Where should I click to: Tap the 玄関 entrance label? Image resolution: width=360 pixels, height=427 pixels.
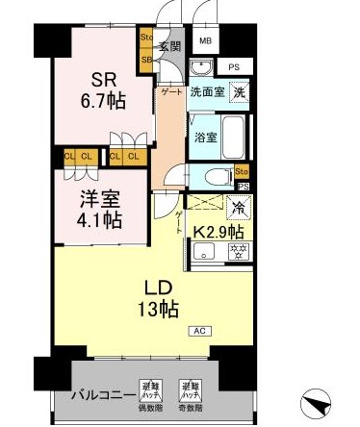pyautogui.click(x=170, y=46)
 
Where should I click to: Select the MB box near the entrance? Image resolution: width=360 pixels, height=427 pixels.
pyautogui.click(x=206, y=41)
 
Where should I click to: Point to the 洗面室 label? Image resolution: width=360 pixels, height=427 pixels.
pyautogui.click(x=206, y=92)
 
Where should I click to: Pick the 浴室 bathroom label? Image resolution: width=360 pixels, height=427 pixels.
pyautogui.click(x=205, y=138)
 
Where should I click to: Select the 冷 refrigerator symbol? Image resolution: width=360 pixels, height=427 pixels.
pyautogui.click(x=237, y=205)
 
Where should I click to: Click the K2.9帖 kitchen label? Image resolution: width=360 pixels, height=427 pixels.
pyautogui.click(x=219, y=231)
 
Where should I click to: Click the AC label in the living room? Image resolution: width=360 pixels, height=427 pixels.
pyautogui.click(x=199, y=331)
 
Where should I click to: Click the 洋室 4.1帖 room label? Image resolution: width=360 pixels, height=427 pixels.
pyautogui.click(x=100, y=211)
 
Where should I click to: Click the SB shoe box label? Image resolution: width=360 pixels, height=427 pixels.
pyautogui.click(x=147, y=59)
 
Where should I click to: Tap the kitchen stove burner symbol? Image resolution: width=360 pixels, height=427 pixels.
pyautogui.click(x=234, y=252)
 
